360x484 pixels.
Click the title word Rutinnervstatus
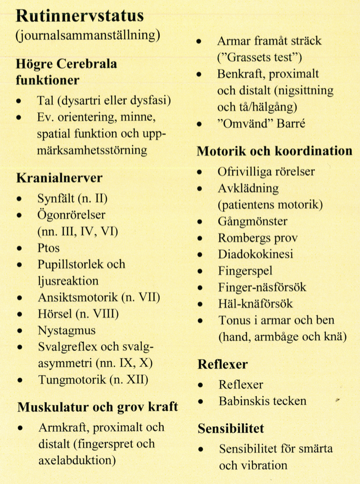(80, 16)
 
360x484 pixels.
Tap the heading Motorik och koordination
(274, 151)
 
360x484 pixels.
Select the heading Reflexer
(222, 364)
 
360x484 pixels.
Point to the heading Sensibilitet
(231, 428)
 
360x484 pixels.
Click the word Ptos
(49, 248)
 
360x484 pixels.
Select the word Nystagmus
(67, 331)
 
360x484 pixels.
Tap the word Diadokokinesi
(256, 254)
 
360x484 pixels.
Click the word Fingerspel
(245, 271)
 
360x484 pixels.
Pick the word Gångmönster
(252, 221)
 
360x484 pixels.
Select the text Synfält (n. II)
(73, 198)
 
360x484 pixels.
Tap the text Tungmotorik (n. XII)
(93, 380)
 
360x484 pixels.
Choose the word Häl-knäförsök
(255, 304)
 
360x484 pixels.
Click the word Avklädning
(248, 188)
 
